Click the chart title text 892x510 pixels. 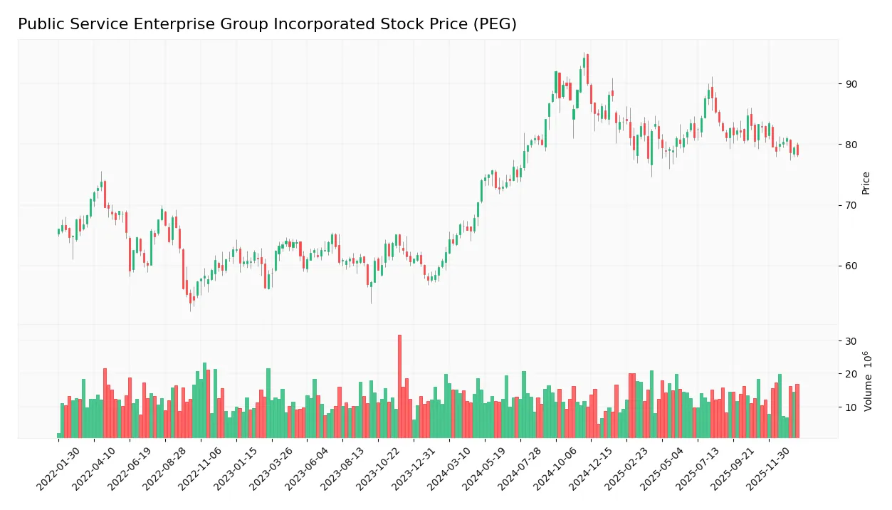[267, 24]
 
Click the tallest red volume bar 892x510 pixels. [399, 386]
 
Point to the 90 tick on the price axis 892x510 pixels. [851, 84]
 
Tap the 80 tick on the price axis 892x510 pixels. [851, 145]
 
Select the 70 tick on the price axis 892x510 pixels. [851, 205]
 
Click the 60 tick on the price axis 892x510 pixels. [851, 266]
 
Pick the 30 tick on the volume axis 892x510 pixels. [851, 341]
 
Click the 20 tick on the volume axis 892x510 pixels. [851, 374]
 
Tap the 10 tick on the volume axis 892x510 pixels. [851, 407]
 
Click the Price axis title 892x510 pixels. [866, 183]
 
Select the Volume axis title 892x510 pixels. [867, 381]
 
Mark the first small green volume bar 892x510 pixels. [59, 435]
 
